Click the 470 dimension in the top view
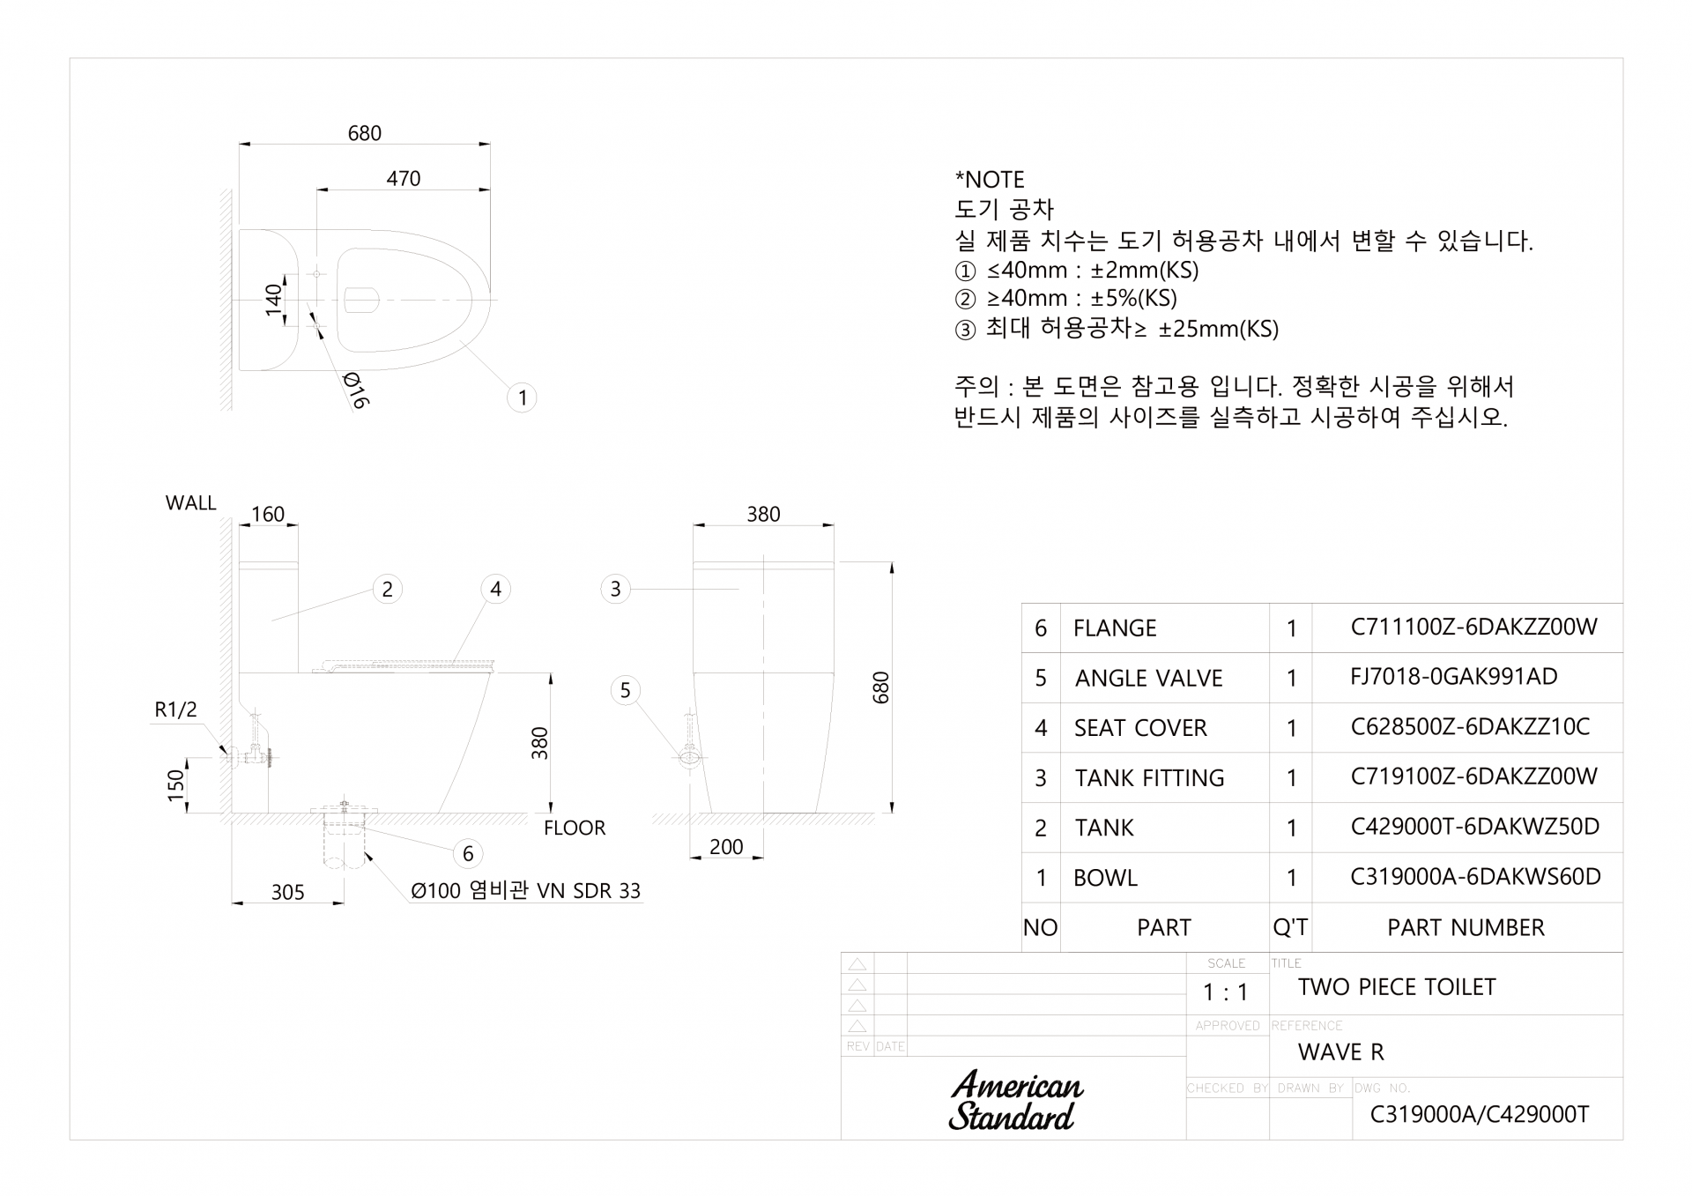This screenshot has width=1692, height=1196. point(404,178)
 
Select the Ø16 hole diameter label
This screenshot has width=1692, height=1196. point(354,390)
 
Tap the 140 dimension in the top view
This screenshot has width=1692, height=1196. point(274,300)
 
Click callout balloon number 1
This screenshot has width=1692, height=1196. point(522,397)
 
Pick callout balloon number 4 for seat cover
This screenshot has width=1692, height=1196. point(495,589)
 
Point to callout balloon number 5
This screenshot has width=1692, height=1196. point(625,690)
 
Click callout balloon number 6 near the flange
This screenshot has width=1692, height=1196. point(468,853)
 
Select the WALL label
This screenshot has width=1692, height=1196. point(190,503)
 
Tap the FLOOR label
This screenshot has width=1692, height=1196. point(575,828)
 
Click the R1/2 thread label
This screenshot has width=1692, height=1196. point(175,709)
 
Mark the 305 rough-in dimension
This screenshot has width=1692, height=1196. point(287,892)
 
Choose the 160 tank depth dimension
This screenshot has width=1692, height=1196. point(268,514)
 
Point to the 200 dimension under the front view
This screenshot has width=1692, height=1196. point(726,847)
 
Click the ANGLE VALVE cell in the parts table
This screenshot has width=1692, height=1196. point(1148,678)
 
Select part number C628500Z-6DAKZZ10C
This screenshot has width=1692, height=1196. point(1470,726)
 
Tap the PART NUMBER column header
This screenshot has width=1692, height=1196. point(1466,927)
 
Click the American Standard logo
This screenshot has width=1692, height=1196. point(1016,1101)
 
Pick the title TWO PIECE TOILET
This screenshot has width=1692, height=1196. point(1397,987)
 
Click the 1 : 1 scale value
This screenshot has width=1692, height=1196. point(1226,992)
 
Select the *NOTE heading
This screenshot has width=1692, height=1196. point(990,180)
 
